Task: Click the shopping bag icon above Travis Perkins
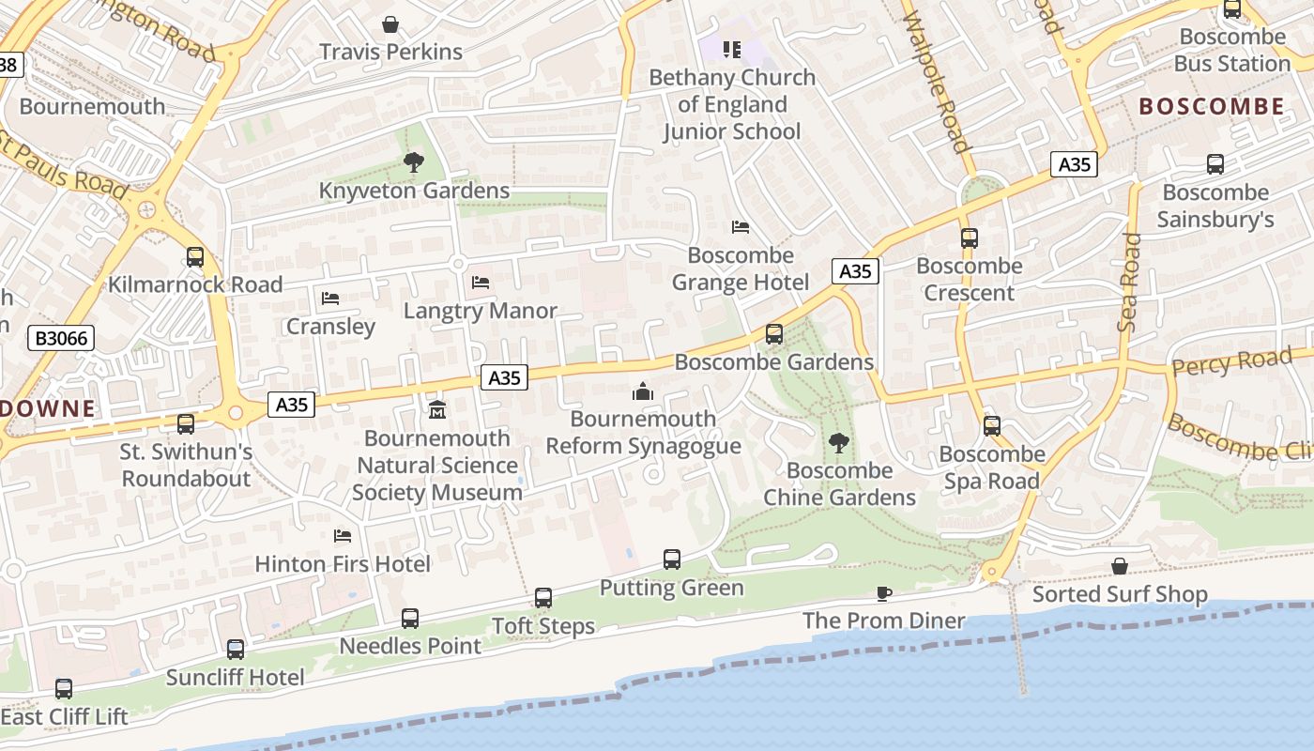(x=390, y=24)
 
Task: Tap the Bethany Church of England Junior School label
(x=732, y=104)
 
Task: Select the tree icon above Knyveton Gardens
(x=413, y=163)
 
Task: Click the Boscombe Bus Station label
(x=1231, y=51)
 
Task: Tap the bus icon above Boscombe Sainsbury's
(x=1215, y=165)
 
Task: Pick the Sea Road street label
(x=1129, y=282)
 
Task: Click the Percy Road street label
(x=1231, y=362)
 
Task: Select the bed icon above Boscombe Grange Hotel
(x=741, y=227)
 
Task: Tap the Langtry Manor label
(x=481, y=311)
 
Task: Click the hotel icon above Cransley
(x=330, y=299)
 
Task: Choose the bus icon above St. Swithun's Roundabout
(x=186, y=424)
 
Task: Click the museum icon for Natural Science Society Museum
(x=437, y=410)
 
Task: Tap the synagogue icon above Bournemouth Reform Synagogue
(x=643, y=391)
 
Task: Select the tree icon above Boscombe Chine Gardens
(x=839, y=443)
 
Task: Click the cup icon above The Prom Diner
(x=883, y=593)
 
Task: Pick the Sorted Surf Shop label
(x=1120, y=594)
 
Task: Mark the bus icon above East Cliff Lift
(x=64, y=689)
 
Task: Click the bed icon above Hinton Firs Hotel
(x=343, y=536)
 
